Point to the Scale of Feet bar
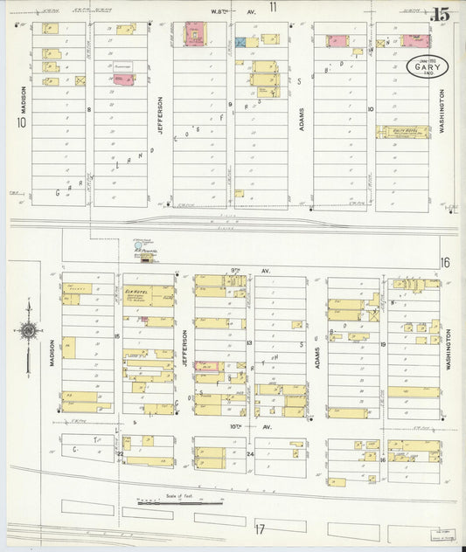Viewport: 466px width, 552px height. [179, 502]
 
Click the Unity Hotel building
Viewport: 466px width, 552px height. [403, 132]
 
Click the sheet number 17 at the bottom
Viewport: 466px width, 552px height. [260, 529]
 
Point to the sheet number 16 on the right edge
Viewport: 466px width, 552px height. [445, 263]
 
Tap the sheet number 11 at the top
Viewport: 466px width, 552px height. [273, 8]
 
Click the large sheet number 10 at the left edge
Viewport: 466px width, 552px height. [18, 123]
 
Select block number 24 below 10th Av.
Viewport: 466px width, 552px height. [249, 454]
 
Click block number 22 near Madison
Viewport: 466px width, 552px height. [120, 453]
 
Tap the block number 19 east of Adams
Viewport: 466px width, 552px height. [383, 345]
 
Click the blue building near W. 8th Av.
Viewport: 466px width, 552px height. [241, 41]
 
